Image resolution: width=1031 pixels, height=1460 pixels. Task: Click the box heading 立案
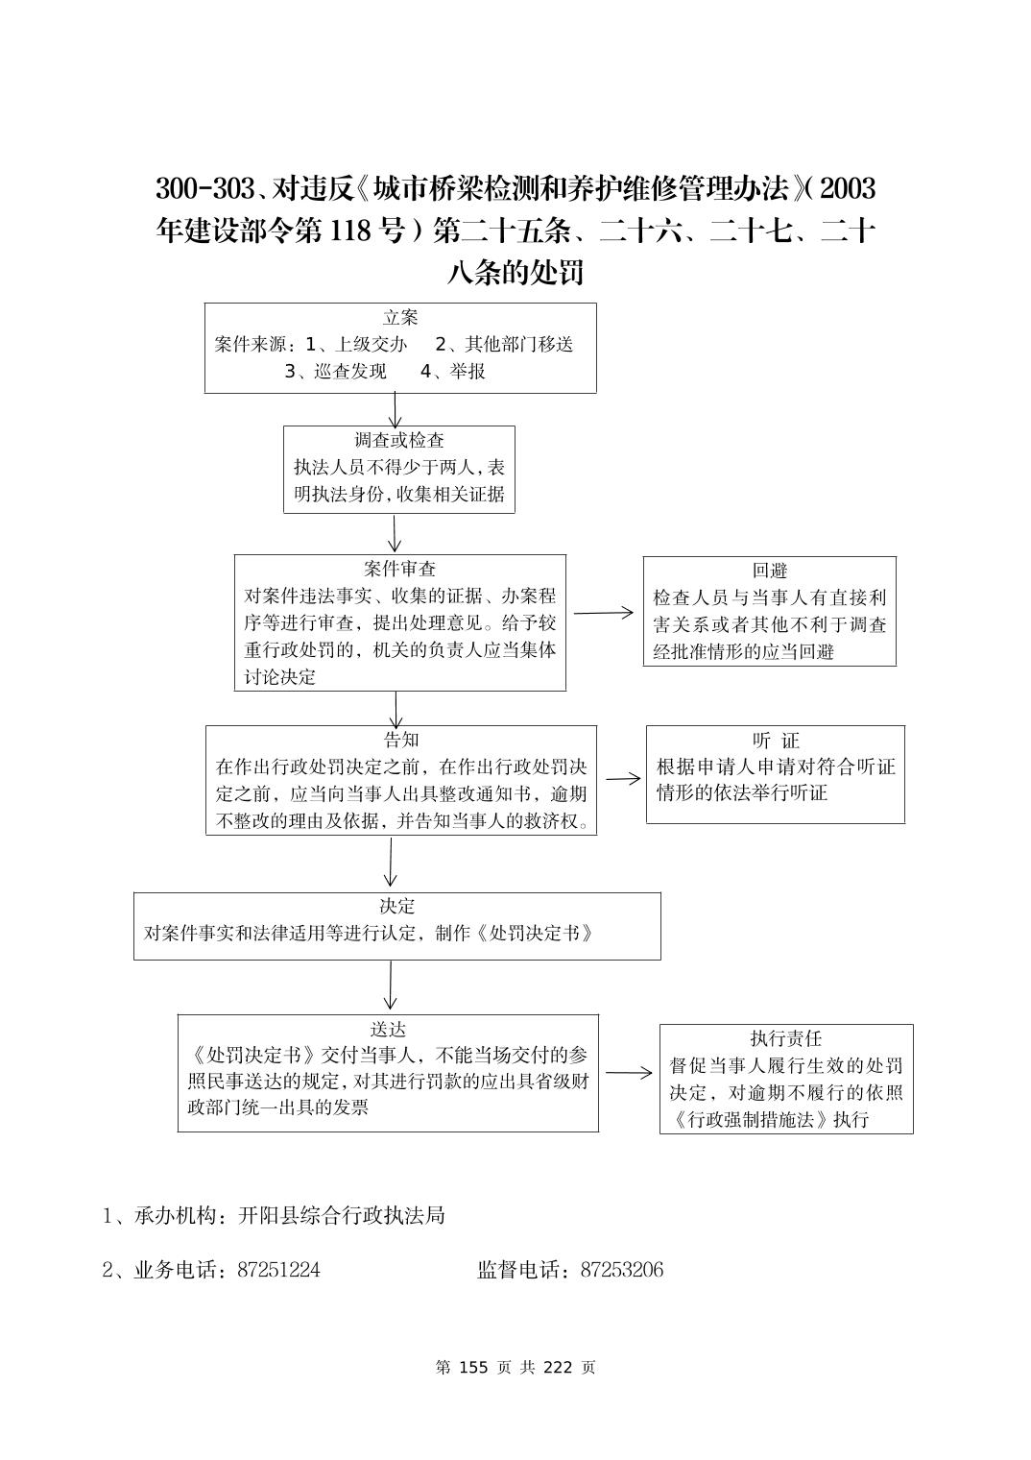pyautogui.click(x=400, y=318)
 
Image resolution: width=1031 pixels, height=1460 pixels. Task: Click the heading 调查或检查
pyautogui.click(x=399, y=441)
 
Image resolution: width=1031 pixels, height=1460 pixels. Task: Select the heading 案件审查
pyautogui.click(x=399, y=569)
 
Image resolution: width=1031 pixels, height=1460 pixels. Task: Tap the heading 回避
pyautogui.click(x=770, y=571)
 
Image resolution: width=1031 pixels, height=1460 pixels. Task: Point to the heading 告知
pyautogui.click(x=400, y=740)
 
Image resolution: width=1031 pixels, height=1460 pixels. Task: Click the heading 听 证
pyautogui.click(x=776, y=741)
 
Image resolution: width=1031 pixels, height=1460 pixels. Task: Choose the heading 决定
pyautogui.click(x=396, y=907)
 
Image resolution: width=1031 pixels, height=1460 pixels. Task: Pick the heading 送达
pyautogui.click(x=388, y=1030)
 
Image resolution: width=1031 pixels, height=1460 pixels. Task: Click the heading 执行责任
pyautogui.click(x=786, y=1038)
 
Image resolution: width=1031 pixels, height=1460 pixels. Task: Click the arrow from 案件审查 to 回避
pyautogui.click(x=604, y=612)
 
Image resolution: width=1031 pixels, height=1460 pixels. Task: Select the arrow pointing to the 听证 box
pyautogui.click(x=622, y=778)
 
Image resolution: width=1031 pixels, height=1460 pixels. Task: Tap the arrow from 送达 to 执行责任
pyautogui.click(x=629, y=1073)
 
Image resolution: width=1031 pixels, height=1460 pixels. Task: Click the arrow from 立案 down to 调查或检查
pyautogui.click(x=395, y=409)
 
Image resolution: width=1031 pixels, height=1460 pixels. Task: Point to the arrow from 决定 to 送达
pyautogui.click(x=391, y=986)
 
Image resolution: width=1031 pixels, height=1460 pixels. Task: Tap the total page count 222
pyautogui.click(x=558, y=1367)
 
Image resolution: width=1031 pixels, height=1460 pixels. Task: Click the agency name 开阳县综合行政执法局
pyautogui.click(x=341, y=1215)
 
